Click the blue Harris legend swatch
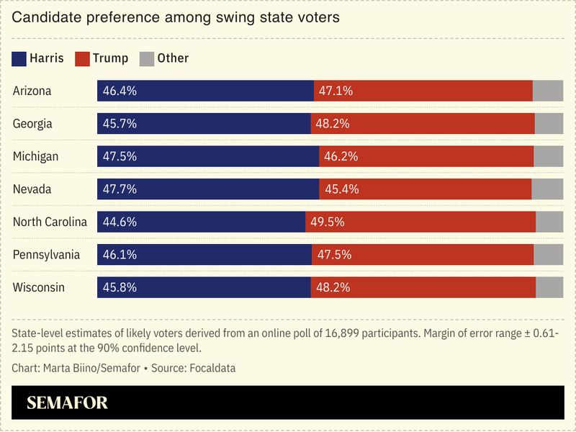(x=19, y=58)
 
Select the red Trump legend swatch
(x=83, y=58)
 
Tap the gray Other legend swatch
(x=146, y=58)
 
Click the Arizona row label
(x=32, y=91)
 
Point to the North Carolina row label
(x=50, y=222)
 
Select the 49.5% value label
(x=328, y=222)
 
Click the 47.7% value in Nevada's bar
(x=120, y=189)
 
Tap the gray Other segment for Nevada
(x=547, y=189)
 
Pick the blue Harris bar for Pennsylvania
(x=204, y=255)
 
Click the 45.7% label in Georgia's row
(x=120, y=124)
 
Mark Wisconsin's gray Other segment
(x=549, y=287)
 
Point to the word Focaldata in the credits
(x=210, y=368)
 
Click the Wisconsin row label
(x=39, y=287)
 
